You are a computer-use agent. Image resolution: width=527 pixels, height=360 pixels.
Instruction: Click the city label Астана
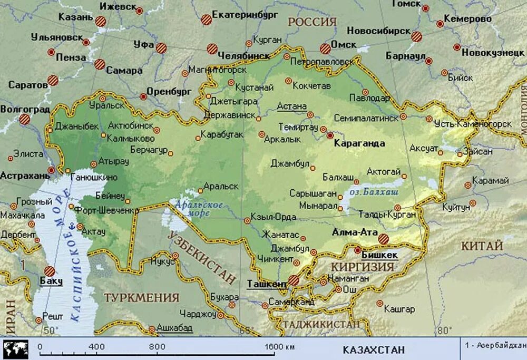coord(291,106)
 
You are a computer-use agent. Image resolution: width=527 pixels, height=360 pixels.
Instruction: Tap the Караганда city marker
coord(330,135)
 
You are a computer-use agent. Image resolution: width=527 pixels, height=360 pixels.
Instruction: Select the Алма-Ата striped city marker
coord(384,239)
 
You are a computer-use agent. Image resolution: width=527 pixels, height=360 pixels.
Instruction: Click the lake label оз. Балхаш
coord(374,193)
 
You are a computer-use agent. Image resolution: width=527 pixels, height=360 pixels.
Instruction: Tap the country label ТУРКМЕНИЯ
coord(141,297)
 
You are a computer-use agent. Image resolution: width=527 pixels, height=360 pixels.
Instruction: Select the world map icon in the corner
coord(15,349)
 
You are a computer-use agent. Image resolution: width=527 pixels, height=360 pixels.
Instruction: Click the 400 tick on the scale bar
coord(96,347)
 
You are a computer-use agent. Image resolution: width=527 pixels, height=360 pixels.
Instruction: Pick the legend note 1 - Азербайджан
coord(495,345)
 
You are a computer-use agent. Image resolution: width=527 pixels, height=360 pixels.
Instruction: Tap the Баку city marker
coord(50,271)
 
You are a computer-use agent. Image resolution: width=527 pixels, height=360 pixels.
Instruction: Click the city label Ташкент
coord(267,284)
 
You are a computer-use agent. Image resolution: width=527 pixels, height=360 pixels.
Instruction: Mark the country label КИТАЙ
coord(482,246)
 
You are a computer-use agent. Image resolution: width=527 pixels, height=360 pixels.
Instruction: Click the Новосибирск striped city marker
coord(417,37)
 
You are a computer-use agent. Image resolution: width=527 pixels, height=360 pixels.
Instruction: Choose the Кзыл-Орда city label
coord(274,217)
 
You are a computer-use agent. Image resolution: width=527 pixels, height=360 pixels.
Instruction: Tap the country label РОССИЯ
coord(311,22)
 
